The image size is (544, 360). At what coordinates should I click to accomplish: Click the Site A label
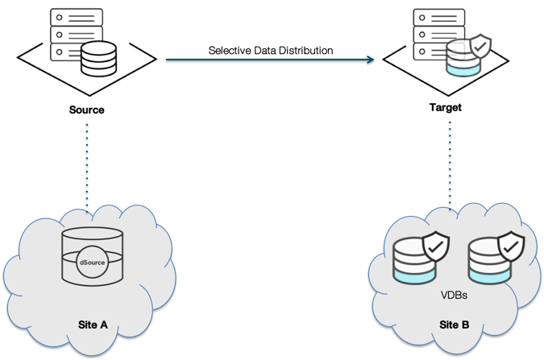(x=91, y=325)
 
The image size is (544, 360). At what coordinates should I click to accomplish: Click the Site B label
(x=455, y=325)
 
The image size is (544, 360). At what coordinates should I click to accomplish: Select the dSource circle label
(x=92, y=262)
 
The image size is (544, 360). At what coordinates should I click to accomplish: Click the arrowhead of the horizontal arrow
(x=370, y=59)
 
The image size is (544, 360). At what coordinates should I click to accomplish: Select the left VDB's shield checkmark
(x=436, y=248)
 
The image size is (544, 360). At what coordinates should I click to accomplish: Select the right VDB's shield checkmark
(x=510, y=248)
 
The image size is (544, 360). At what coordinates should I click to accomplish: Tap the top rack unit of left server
(x=76, y=18)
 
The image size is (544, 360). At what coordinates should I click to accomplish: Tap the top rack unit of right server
(x=438, y=18)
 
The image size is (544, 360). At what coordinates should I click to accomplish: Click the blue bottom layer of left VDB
(x=413, y=275)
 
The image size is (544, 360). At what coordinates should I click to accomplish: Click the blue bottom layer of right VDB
(x=488, y=275)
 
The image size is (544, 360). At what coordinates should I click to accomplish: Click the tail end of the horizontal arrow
(x=168, y=59)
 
